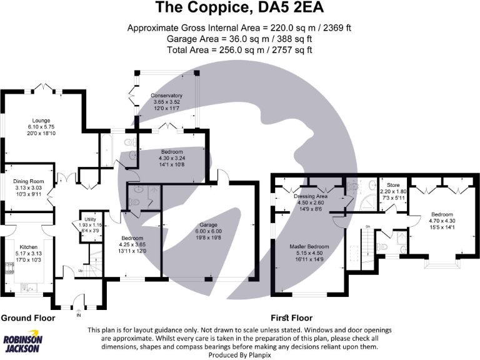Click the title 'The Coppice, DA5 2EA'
[240, 8]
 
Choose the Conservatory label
[166, 95]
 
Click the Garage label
[208, 224]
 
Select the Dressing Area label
[311, 196]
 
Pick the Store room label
[393, 185]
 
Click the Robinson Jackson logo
[23, 342]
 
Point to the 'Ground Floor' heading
[27, 318]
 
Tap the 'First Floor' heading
[291, 318]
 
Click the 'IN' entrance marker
[79, 316]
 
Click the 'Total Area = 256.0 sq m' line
[240, 49]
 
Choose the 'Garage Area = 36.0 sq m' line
[240, 39]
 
